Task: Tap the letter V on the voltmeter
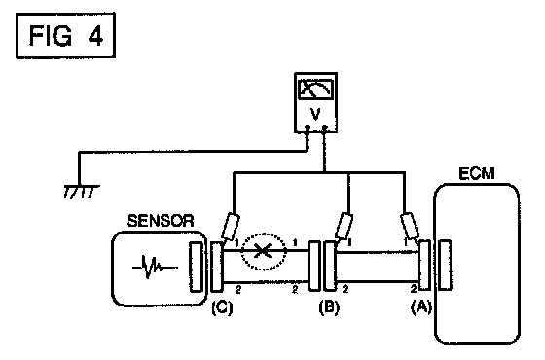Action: [315, 114]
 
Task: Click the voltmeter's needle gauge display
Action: [315, 89]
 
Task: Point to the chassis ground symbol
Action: [82, 192]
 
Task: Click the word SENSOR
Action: [161, 221]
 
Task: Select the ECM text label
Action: [477, 174]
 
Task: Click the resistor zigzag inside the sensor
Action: [155, 267]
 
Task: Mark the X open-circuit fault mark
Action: [263, 251]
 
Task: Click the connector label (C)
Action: [222, 307]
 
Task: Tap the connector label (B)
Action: [329, 307]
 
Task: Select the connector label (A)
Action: [421, 307]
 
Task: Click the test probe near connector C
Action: [232, 227]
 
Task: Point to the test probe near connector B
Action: [345, 226]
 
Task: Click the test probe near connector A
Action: [410, 226]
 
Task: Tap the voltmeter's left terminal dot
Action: [307, 128]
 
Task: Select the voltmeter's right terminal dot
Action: [325, 128]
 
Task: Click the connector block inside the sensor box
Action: [196, 267]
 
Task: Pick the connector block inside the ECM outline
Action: [445, 265]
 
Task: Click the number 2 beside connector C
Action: [238, 289]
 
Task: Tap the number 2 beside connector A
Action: [414, 288]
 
